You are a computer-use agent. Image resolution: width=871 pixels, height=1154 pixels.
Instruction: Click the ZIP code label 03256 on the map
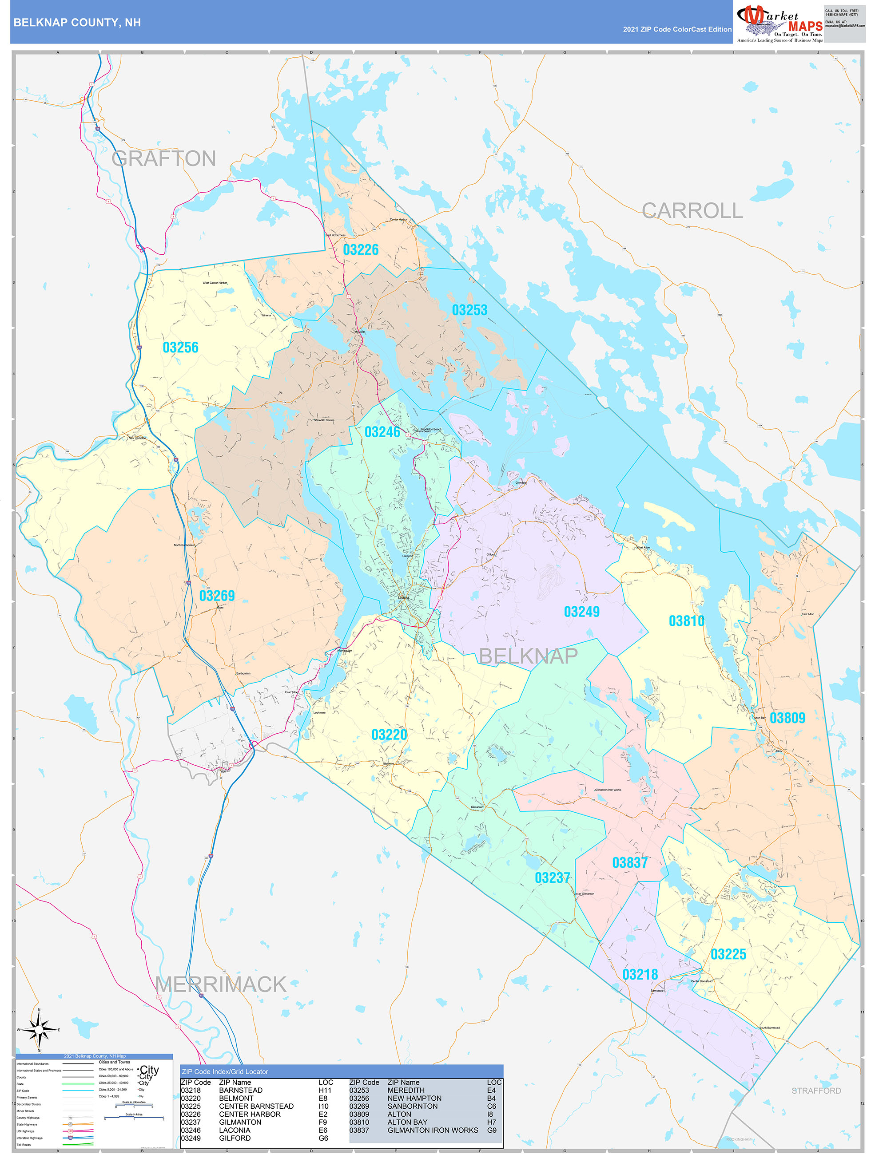(x=180, y=348)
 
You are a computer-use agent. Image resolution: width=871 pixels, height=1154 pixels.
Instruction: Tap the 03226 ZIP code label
(x=360, y=250)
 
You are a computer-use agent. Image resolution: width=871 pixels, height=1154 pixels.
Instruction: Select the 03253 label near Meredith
(x=469, y=310)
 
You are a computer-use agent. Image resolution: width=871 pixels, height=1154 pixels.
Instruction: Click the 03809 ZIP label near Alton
(x=787, y=718)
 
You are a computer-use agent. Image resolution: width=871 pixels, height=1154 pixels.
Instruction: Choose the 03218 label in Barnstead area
(x=640, y=975)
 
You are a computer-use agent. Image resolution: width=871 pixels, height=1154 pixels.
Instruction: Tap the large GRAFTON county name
(x=163, y=158)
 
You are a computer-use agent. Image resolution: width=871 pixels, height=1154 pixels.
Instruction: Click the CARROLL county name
(x=692, y=211)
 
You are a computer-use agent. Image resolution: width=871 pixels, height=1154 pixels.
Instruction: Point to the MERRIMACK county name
(x=221, y=984)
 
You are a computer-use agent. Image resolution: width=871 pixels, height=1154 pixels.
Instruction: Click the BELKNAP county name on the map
(x=528, y=656)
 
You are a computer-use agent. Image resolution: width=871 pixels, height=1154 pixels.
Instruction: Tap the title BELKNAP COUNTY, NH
(x=77, y=23)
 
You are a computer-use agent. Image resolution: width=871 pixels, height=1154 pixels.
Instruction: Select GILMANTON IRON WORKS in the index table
(x=432, y=1130)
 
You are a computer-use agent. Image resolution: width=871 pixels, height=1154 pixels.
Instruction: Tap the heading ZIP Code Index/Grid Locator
(x=225, y=1071)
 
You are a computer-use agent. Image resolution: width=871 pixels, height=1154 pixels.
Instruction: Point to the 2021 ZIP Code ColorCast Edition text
(x=677, y=30)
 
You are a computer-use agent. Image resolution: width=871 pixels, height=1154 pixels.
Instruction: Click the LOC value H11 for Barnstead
(x=325, y=1091)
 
